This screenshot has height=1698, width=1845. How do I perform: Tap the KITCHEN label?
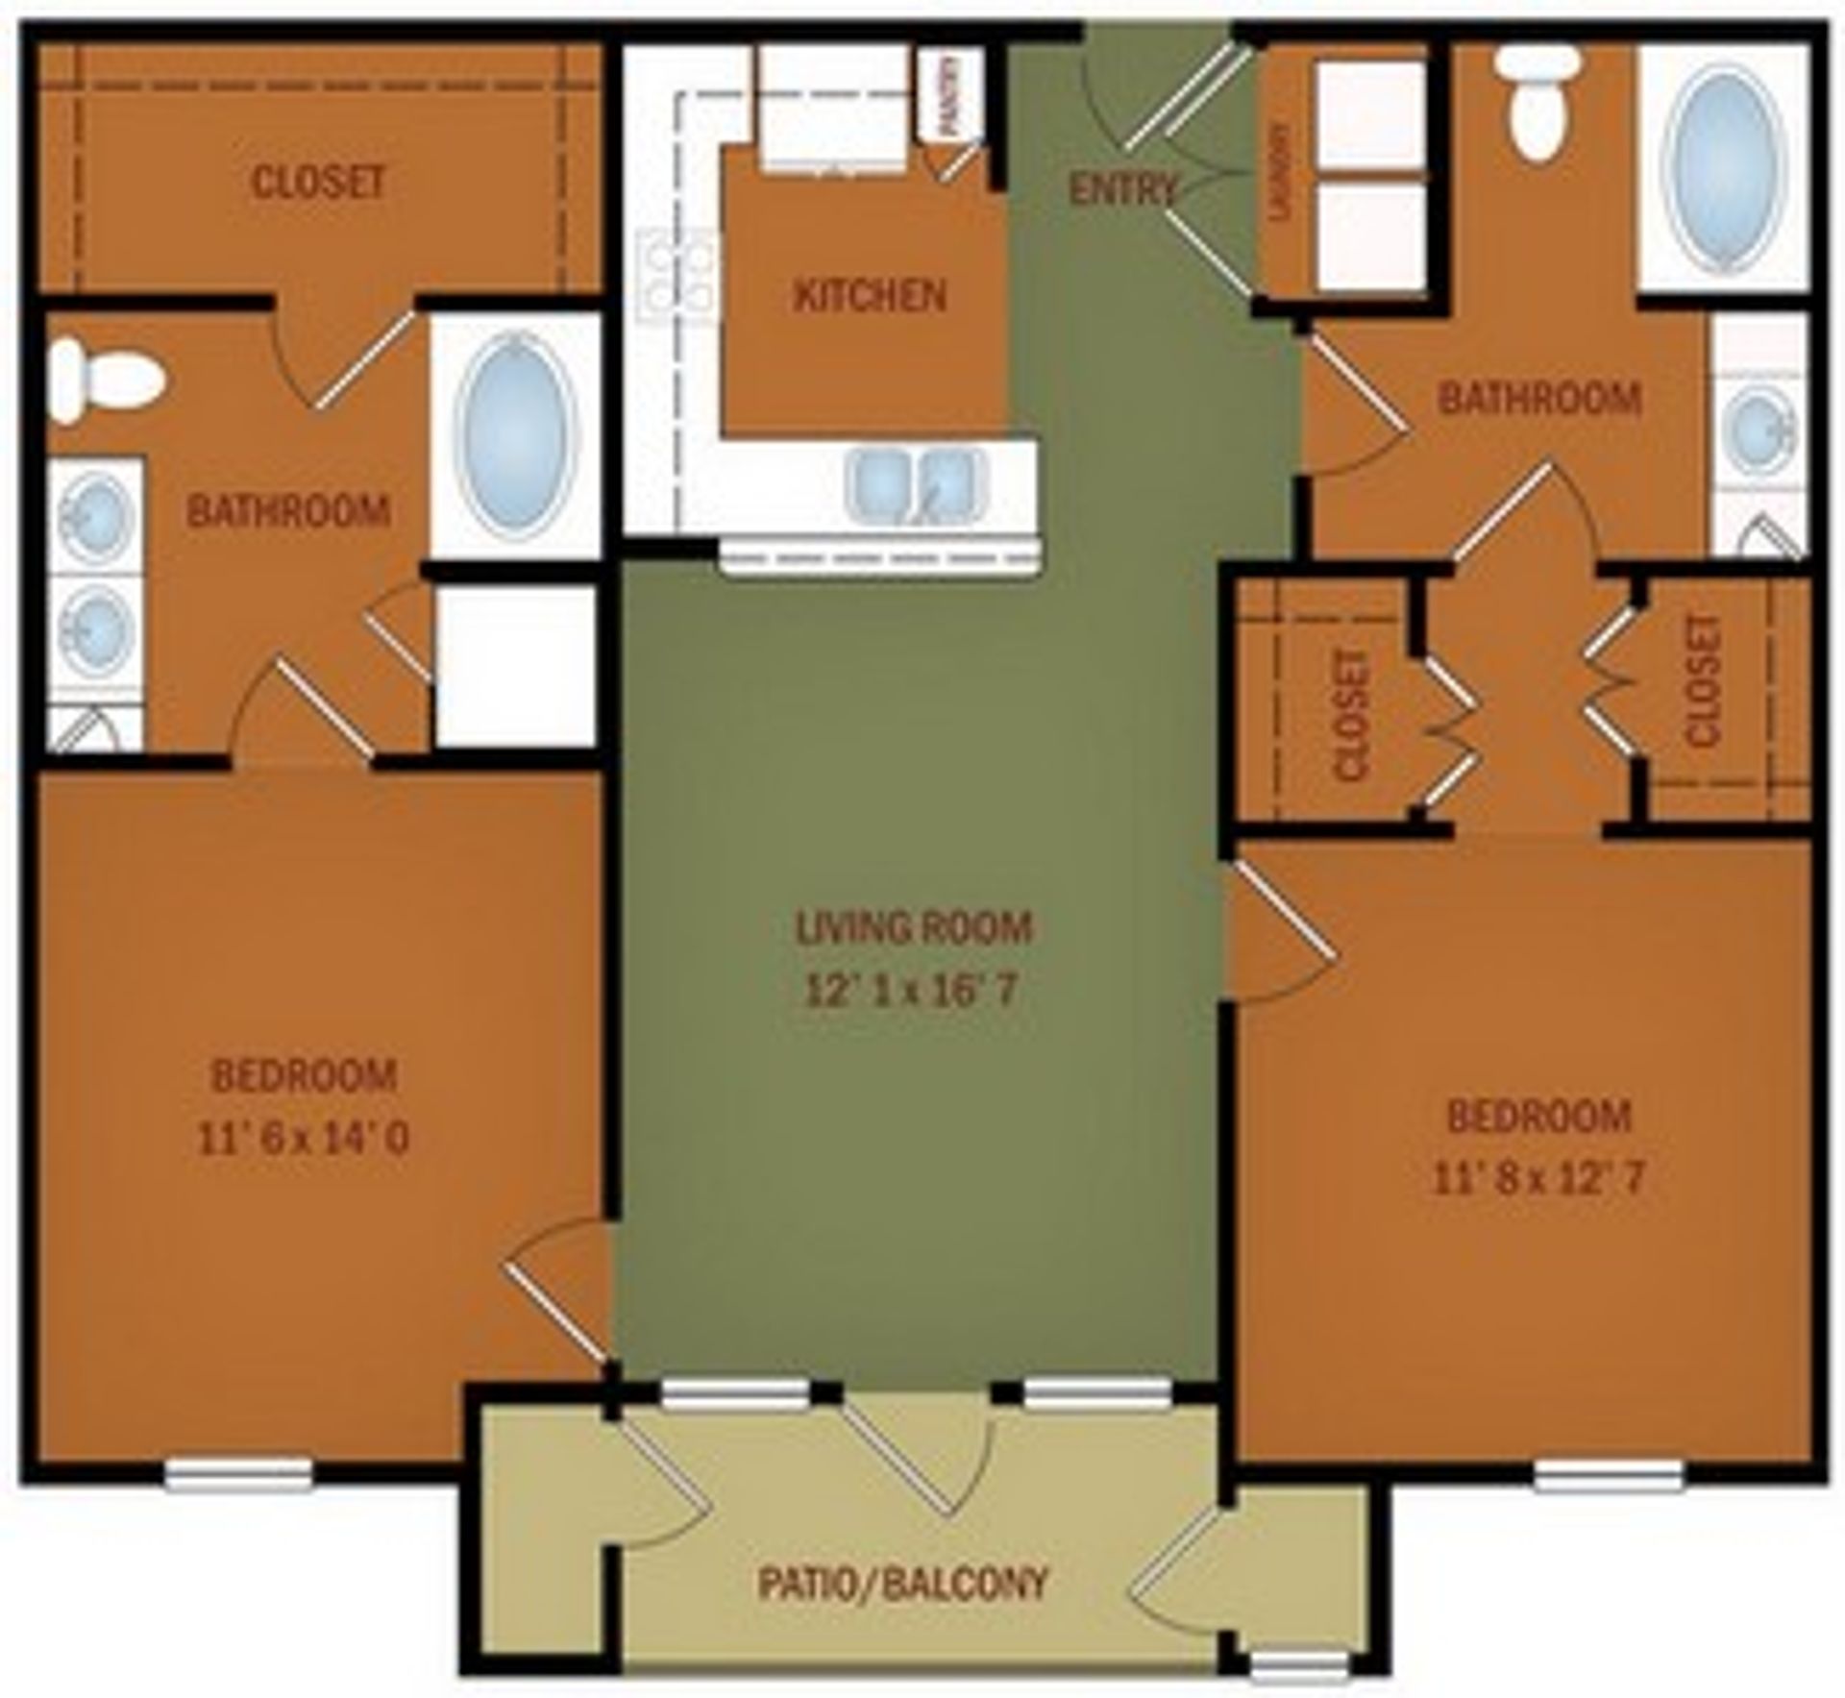coord(870,295)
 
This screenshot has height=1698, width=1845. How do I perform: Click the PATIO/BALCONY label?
coord(901,1583)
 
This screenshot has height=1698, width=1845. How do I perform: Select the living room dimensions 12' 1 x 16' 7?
coord(909,990)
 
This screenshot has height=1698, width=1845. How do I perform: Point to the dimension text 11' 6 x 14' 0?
coord(304,1139)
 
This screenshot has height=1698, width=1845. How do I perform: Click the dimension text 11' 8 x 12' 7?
coord(1538,1179)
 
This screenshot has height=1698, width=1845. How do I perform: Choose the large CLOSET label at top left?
coord(317,182)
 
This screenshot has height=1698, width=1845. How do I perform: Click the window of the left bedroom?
coord(237,1474)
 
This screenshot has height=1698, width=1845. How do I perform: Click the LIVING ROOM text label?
coord(913,927)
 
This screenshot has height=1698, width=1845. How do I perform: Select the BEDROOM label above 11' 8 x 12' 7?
coord(1539,1117)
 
